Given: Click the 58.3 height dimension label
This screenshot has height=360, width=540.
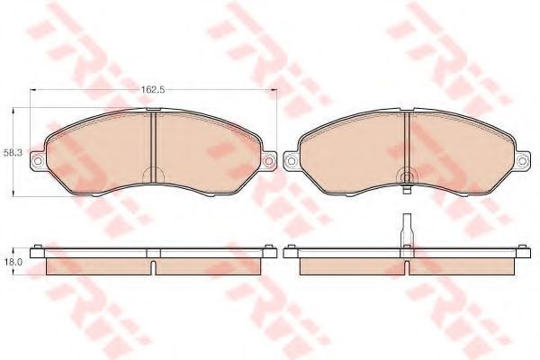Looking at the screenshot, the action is point(13,153).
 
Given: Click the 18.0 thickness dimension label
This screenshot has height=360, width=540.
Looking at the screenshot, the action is point(13,262).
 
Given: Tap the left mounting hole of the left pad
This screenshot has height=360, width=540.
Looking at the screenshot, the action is point(38,161).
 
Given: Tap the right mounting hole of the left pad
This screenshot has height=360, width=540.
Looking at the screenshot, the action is point(268,161).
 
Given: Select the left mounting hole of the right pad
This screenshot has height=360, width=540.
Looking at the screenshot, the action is point(291,161).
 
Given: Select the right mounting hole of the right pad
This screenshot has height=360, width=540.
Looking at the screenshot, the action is point(522,161).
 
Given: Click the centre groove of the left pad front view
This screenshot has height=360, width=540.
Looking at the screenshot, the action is point(154,146).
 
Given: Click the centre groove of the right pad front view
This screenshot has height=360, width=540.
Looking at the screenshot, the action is point(407,146).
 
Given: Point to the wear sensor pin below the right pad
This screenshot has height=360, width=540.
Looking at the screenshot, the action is point(407,190).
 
